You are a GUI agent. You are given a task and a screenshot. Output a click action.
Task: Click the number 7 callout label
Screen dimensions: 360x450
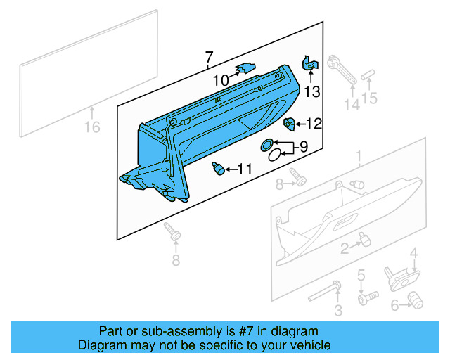pos(208,57)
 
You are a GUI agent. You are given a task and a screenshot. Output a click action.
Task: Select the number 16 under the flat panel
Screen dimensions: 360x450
pos(92,127)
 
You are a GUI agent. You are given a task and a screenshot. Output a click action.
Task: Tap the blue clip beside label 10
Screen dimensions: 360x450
pos(244,68)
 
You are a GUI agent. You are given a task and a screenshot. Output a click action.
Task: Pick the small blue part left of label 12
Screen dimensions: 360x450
pos(288,124)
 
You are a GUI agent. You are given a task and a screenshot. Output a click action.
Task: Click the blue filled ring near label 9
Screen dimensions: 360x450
pos(268,144)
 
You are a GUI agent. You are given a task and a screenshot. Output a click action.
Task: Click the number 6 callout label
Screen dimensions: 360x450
pos(394,304)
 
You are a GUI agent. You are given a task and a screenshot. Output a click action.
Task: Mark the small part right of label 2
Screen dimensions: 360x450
pos(364,240)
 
